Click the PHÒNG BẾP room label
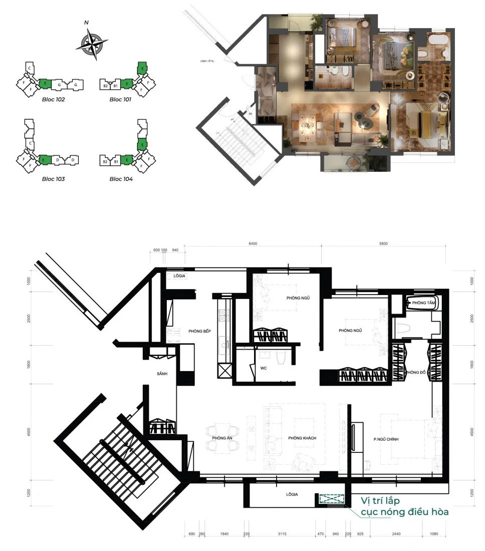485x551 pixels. [199, 331]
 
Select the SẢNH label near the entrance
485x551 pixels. [161, 374]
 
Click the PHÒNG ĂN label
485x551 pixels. [221, 438]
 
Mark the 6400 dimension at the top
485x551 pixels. [253, 244]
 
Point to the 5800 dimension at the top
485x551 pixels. [384, 244]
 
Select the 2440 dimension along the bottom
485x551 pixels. [397, 534]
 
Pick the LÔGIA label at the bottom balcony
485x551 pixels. [292, 494]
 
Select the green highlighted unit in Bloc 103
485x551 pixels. [44, 160]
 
